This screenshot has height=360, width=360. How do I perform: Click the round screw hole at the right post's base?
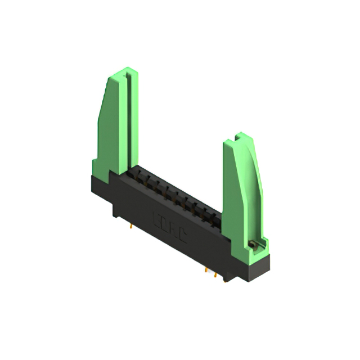(253, 244)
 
